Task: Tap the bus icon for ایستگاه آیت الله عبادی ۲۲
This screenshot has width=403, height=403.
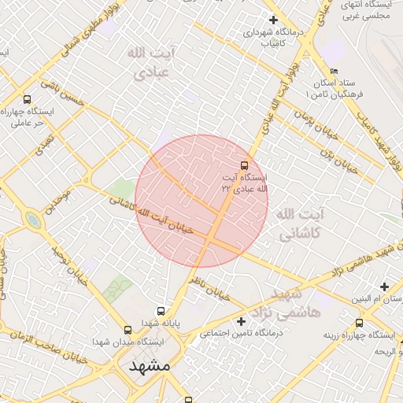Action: (x=244, y=165)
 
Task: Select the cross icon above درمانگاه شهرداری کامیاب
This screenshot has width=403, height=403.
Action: (x=273, y=20)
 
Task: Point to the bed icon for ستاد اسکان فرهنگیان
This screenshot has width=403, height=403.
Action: (x=335, y=71)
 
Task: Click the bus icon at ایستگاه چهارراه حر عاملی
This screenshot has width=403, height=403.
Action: (x=28, y=99)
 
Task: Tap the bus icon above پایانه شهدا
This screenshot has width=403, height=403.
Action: (x=161, y=311)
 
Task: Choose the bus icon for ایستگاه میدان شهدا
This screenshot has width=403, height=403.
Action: (x=128, y=330)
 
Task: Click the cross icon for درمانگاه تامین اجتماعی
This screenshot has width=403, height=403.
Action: (x=242, y=321)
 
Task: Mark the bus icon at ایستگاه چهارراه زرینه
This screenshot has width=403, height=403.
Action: (x=360, y=323)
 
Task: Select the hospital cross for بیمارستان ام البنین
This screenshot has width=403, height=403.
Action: (x=384, y=286)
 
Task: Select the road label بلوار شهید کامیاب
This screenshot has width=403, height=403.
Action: (x=377, y=142)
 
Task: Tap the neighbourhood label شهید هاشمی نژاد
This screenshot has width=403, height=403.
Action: (x=295, y=303)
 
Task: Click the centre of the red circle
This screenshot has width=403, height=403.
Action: (x=201, y=201)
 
